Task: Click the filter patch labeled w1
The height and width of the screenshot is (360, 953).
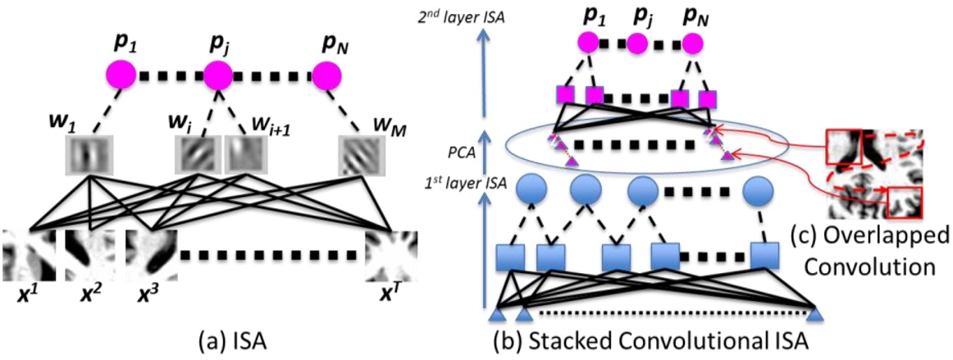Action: (87, 153)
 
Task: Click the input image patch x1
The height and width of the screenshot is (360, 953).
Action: (29, 257)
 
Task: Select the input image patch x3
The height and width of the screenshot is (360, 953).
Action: (151, 257)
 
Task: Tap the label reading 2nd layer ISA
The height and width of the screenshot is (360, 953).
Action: (460, 15)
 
